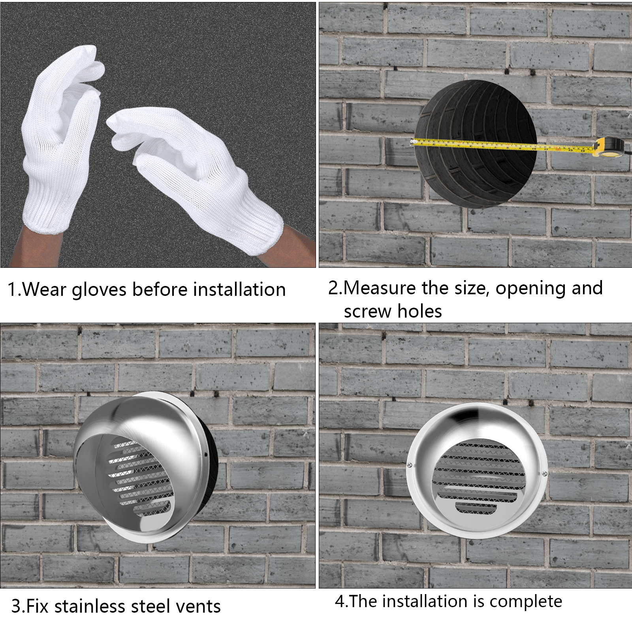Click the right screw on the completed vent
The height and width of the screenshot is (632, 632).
point(545,474)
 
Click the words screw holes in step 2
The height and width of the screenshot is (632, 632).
point(393,311)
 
